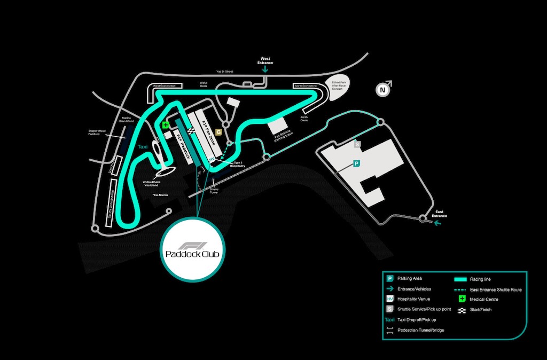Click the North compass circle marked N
point(382,90)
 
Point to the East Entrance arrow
point(439,223)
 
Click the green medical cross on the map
point(166,125)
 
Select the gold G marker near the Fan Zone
point(218,132)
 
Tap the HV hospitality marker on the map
point(211,160)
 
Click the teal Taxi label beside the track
point(142,146)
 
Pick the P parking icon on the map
point(356,164)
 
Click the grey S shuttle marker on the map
point(357,144)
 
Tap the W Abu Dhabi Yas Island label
point(152,184)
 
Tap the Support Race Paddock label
point(97,132)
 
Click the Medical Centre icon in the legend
point(461,299)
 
